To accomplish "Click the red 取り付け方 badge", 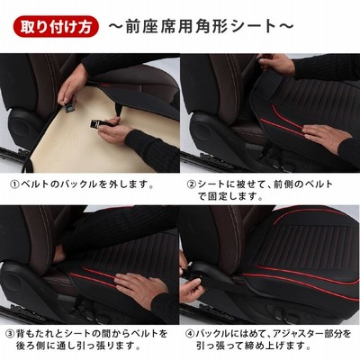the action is pos(56,27).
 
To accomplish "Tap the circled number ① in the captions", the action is pos(14,184).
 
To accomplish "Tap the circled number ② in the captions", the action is pos(192,184).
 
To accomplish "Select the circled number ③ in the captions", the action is pos(11,334).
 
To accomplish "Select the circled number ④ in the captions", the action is pos(190,334).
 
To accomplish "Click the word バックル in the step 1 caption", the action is pos(79,184).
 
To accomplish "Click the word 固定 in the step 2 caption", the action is pos(216,196).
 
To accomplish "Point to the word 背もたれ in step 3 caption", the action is pos(35,334).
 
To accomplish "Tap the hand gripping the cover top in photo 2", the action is pos(276,64).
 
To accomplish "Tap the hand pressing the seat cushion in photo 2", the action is pos(326,138).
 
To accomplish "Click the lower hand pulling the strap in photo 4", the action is pos(191,290).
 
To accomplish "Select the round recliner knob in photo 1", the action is pos(23,127).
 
